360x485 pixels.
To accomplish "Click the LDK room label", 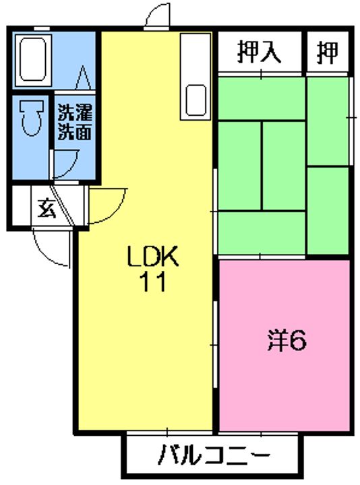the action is [153, 256].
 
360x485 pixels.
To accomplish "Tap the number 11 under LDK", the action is [153, 282].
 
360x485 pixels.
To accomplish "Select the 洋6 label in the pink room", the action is [287, 340].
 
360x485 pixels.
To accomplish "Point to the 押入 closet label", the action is [260, 53].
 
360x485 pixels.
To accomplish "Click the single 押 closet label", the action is [328, 53].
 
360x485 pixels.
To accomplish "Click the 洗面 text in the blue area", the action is [75, 132].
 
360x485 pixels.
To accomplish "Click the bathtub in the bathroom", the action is [33, 60].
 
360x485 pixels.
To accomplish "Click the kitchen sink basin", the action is [196, 100].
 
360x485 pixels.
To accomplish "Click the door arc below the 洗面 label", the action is [73, 168].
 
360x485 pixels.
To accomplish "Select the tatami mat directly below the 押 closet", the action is [328, 121].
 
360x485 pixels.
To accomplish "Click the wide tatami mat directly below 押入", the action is [262, 98].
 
